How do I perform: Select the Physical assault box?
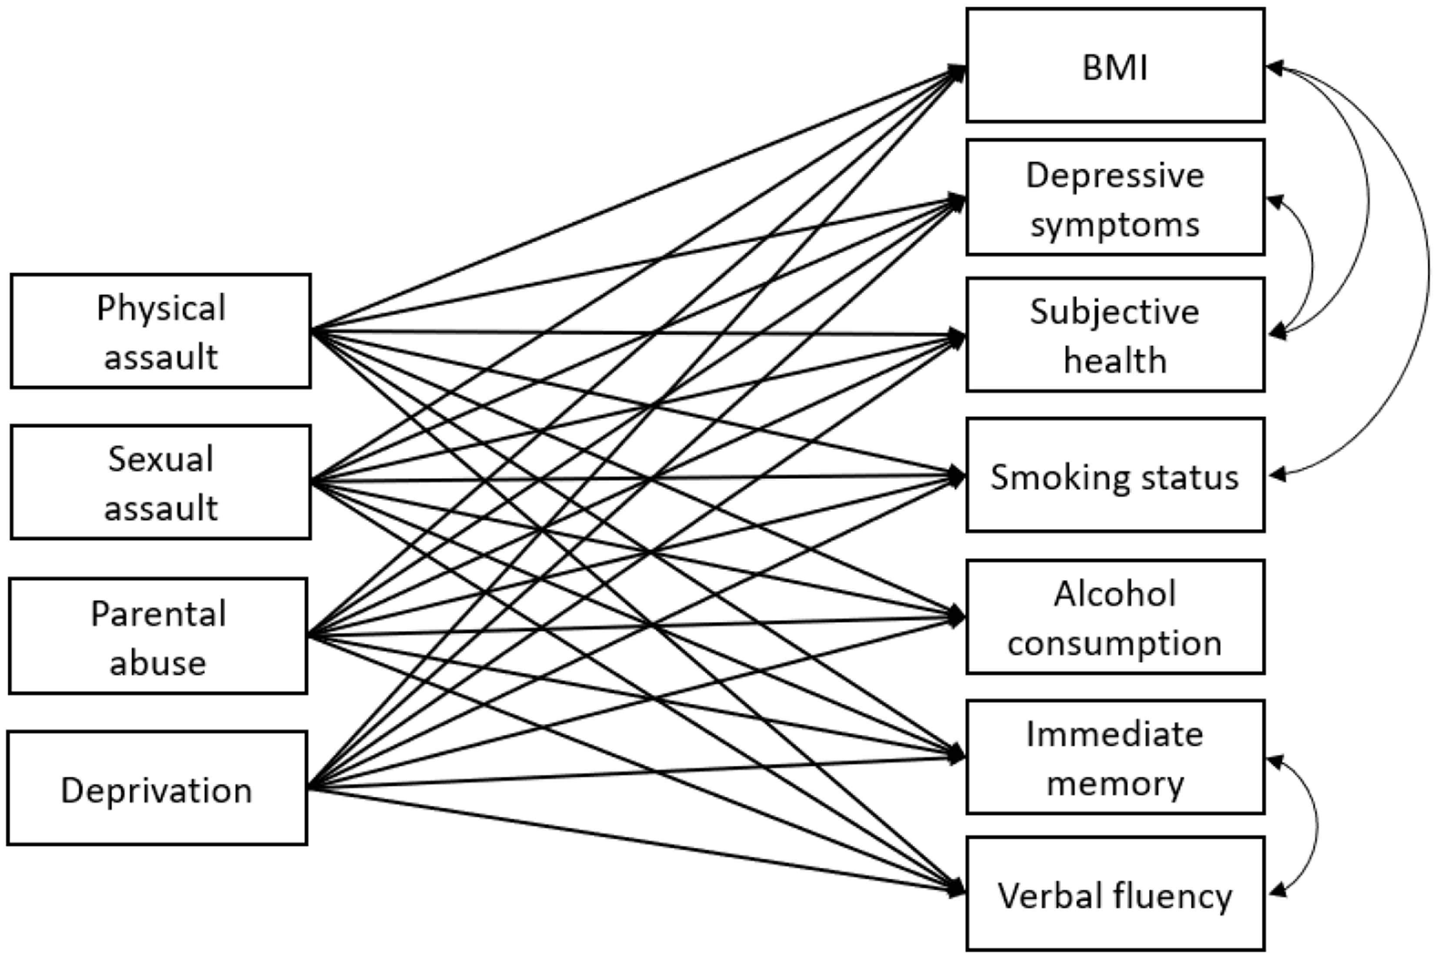click(160, 331)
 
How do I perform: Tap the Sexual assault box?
click(160, 483)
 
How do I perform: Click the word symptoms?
click(1115, 225)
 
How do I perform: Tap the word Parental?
click(158, 614)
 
